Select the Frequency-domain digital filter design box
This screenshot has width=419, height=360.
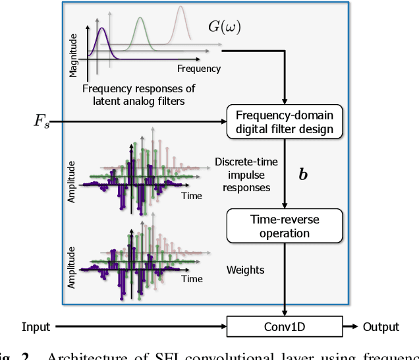(x=285, y=121)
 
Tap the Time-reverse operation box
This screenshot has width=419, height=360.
(x=285, y=225)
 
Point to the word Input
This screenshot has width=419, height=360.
(x=36, y=327)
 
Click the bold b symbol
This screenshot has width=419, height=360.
(x=304, y=176)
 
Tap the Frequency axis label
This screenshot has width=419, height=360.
(x=199, y=69)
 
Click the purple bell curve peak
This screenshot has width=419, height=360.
(x=102, y=28)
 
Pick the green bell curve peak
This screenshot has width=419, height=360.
(x=140, y=18)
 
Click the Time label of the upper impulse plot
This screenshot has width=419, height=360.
(x=192, y=196)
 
